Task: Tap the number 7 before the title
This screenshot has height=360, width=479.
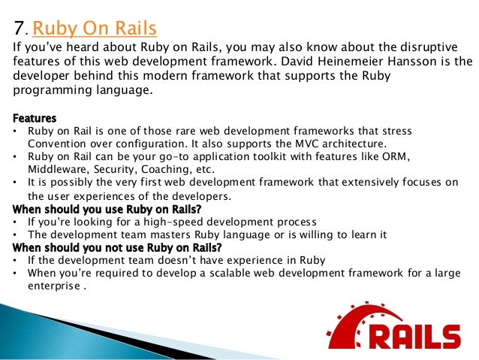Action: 20,29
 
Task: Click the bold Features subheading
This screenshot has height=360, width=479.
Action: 35,118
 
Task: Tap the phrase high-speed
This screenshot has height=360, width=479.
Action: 155,222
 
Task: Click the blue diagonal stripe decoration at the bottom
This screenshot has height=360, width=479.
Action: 113,334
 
